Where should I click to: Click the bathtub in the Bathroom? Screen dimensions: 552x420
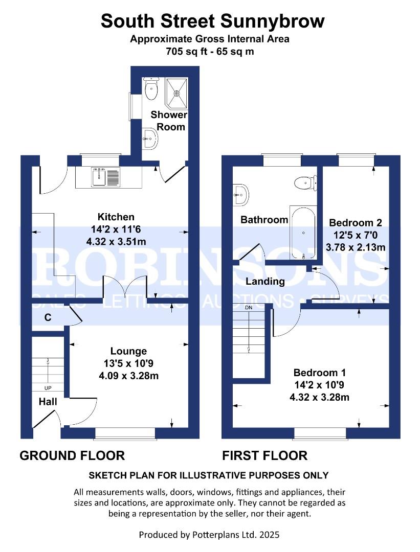coord(303,233)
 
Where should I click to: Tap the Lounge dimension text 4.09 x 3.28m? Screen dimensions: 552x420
coord(128,376)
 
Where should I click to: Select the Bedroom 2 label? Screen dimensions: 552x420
coord(356,223)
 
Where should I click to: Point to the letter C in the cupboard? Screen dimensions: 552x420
coord(48,317)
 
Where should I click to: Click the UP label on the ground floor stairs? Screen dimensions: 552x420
coord(48,388)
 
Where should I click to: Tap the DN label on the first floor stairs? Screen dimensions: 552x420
coord(249,308)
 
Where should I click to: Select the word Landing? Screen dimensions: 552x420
coord(265,281)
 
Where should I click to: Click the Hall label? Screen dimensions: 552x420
coord(48,402)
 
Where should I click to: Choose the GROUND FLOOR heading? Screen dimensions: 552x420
coord(72,455)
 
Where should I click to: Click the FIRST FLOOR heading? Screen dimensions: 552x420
coord(264,455)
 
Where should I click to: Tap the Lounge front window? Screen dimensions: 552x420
coord(124,433)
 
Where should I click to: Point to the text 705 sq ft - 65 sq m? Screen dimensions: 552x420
coord(210,51)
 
